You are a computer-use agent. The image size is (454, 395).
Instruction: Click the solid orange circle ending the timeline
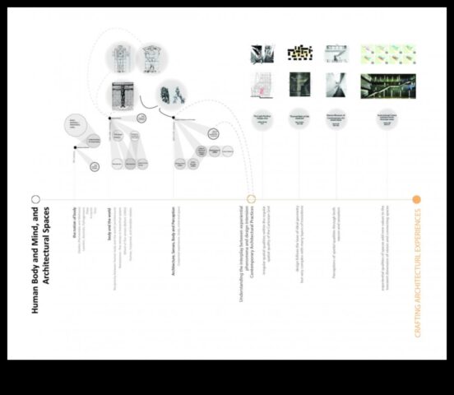click(x=417, y=199)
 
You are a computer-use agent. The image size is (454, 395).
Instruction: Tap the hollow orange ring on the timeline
click(x=252, y=199)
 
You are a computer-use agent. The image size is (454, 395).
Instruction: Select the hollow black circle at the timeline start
click(x=36, y=199)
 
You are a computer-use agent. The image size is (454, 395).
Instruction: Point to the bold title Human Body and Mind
click(x=40, y=263)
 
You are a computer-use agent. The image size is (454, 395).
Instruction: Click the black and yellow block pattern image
click(x=299, y=53)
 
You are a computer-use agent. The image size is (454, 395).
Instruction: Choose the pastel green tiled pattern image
click(x=388, y=53)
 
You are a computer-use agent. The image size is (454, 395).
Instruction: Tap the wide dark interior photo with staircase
click(x=387, y=86)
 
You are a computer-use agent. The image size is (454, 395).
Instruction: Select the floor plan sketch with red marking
click(x=262, y=85)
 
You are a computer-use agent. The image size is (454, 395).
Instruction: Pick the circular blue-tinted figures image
click(x=171, y=92)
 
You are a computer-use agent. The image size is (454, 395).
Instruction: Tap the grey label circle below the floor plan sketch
click(x=262, y=118)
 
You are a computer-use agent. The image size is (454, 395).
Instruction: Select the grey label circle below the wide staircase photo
click(x=387, y=119)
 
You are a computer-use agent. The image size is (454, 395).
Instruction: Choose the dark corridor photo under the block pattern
click(x=299, y=85)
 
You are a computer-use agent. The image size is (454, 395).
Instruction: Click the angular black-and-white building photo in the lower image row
click(x=336, y=85)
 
